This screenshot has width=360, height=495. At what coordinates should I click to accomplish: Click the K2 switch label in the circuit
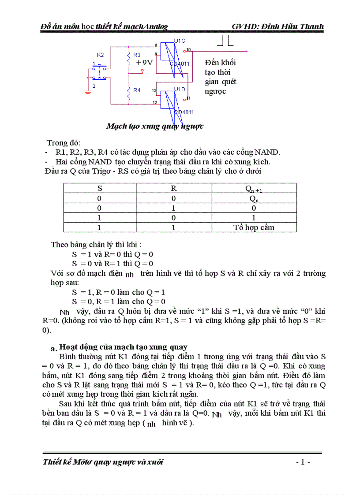coord(100,55)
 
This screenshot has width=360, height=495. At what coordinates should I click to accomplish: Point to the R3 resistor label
coord(137,55)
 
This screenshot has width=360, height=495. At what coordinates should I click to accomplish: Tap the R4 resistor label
coord(137,90)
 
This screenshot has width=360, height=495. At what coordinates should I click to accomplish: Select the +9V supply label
coord(144,63)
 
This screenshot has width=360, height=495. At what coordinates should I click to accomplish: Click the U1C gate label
coord(180,41)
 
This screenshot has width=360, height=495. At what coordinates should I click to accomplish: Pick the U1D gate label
coord(180,89)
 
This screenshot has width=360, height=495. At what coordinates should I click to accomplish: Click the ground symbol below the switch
coord(87,92)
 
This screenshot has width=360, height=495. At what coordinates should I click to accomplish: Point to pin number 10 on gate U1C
coord(189,49)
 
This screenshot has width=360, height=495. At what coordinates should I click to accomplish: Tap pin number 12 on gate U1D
coord(155,103)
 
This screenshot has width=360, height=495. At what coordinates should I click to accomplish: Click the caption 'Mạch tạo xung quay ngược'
coord(155,126)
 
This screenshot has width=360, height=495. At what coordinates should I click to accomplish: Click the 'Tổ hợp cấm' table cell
coord(254,227)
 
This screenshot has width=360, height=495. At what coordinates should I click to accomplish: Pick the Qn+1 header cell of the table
coord(254,189)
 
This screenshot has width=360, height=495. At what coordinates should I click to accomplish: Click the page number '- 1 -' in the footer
coord(303,462)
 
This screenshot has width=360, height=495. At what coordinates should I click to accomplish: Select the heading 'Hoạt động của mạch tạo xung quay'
coord(123,346)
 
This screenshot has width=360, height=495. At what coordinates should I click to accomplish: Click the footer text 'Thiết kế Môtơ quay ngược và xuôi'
coord(103,462)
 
